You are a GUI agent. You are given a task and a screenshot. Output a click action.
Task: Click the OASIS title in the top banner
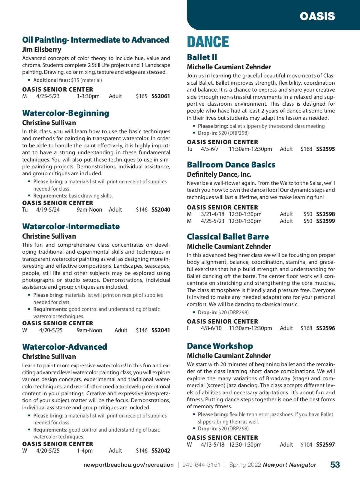pyautogui.click(x=317, y=16)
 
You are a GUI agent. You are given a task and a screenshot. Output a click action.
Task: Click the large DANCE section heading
pyautogui.click(x=208, y=42)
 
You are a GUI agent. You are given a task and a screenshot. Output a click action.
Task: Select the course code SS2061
pyautogui.click(x=160, y=96)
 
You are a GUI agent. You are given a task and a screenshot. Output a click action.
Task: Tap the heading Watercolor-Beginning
pyautogui.click(x=66, y=113)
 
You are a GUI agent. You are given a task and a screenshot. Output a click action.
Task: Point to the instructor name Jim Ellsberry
pyautogui.click(x=42, y=50)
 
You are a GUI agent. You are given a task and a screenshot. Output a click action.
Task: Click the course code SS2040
pyautogui.click(x=161, y=210)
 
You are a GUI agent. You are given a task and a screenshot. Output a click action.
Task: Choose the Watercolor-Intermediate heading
pyautogui.click(x=71, y=227)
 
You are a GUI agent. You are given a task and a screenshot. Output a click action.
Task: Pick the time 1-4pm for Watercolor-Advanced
pyautogui.click(x=85, y=451)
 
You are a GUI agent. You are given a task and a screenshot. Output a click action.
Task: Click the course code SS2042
pyautogui.click(x=161, y=451)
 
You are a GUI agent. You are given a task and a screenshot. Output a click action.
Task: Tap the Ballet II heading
pyautogui.click(x=202, y=57)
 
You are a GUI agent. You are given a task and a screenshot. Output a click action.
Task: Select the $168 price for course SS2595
pyautogui.click(x=306, y=149)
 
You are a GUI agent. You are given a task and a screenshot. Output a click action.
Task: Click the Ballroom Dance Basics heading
pyautogui.click(x=231, y=165)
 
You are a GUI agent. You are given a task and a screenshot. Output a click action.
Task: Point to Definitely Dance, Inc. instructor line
pyautogui.click(x=219, y=174)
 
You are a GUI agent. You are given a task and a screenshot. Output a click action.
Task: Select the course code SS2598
pyautogui.click(x=325, y=214)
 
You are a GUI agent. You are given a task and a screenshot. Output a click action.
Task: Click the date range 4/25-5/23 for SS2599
pyautogui.click(x=212, y=221)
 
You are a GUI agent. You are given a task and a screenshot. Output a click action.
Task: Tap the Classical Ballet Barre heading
pyautogui.click(x=228, y=237)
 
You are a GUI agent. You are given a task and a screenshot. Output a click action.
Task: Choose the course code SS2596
pyautogui.click(x=325, y=328)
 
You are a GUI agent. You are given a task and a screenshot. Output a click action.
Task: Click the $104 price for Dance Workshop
pyautogui.click(x=306, y=445)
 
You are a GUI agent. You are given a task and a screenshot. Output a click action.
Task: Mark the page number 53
pyautogui.click(x=335, y=465)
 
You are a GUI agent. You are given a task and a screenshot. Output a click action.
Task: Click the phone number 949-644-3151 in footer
pyautogui.click(x=201, y=465)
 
